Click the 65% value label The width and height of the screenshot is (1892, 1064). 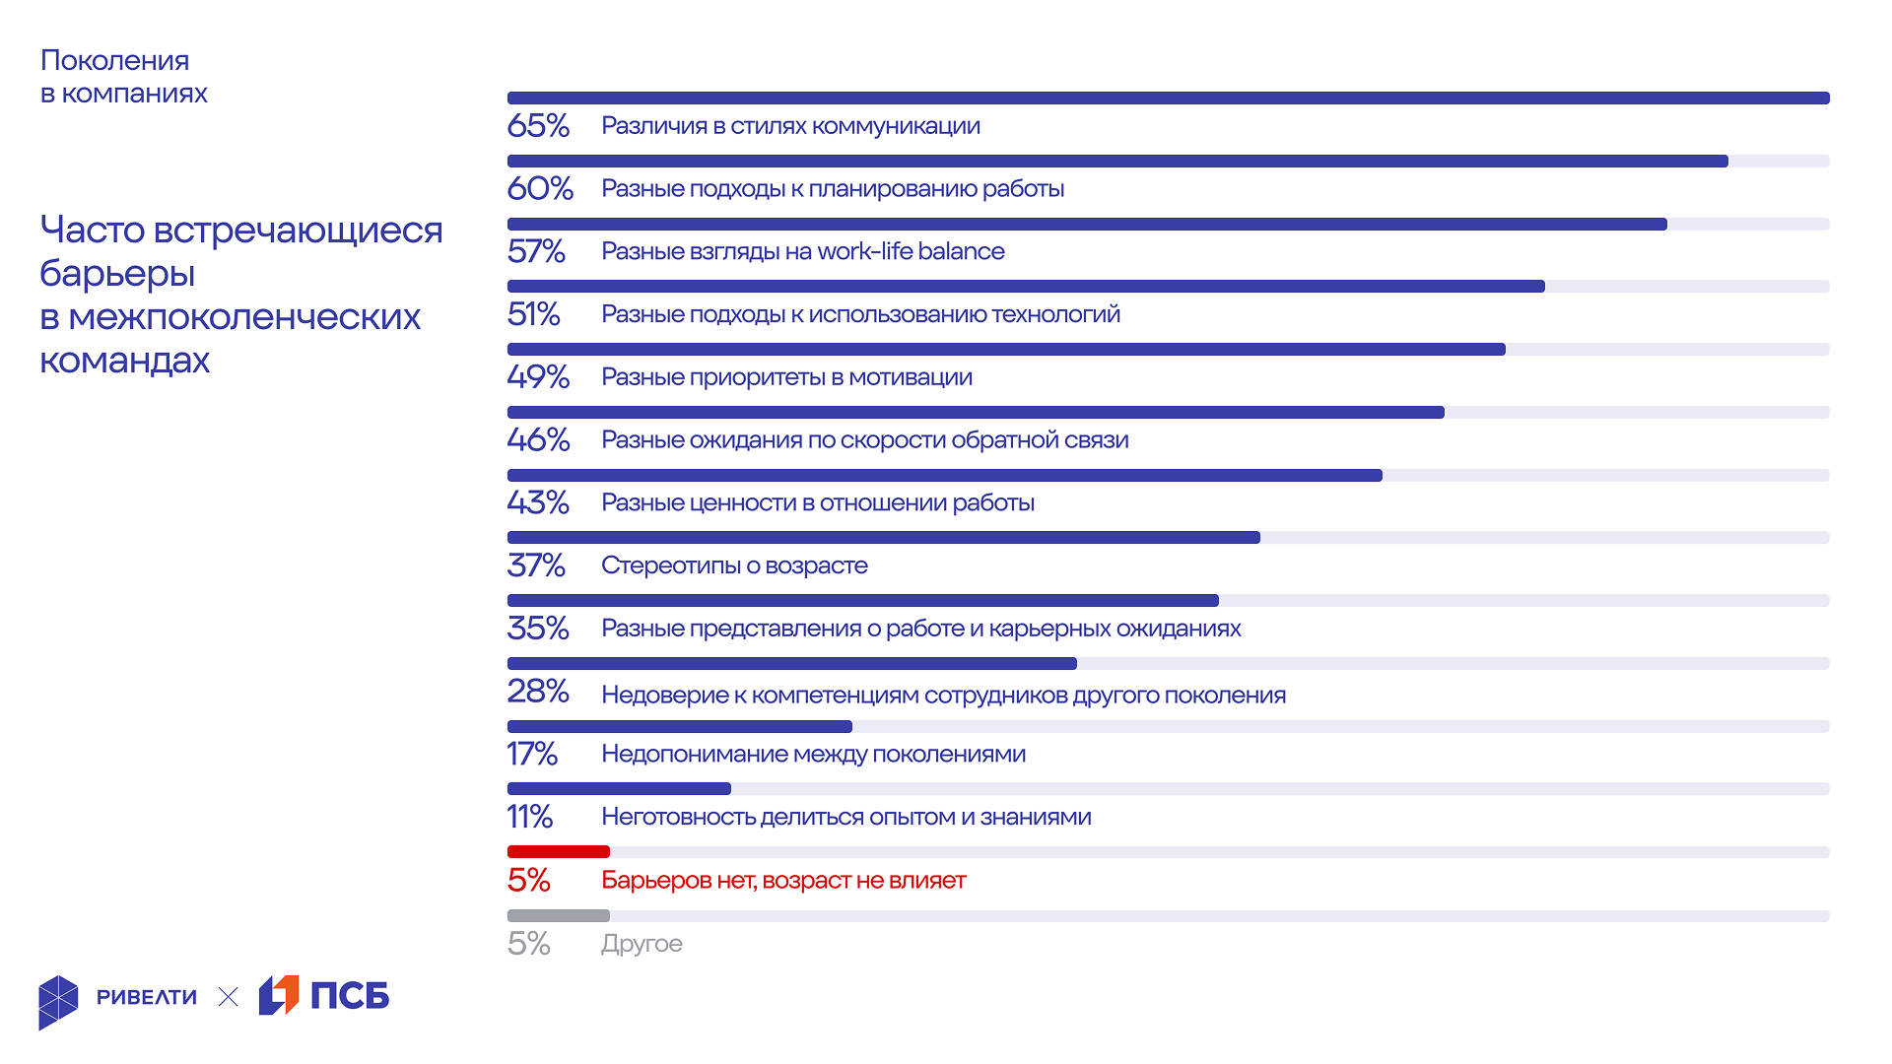[538, 126]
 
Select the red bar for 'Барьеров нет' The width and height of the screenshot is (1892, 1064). [558, 851]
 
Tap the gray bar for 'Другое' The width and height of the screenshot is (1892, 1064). [558, 915]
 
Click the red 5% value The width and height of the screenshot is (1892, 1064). [529, 880]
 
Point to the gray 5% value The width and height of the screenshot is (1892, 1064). [529, 944]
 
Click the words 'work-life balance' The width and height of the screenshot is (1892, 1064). [911, 251]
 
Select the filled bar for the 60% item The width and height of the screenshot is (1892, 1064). [1116, 161]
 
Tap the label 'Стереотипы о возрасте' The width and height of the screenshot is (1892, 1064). [734, 565]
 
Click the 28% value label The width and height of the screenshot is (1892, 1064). [538, 692]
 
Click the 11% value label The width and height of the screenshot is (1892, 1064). [530, 817]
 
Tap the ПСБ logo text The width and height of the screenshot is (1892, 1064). [350, 996]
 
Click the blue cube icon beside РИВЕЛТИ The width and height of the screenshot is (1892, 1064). [58, 1002]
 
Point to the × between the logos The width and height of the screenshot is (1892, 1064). [228, 997]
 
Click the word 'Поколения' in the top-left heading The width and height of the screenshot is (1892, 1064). [114, 61]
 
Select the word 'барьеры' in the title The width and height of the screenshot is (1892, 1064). [117, 274]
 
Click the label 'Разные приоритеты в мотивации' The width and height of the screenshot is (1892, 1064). [786, 377]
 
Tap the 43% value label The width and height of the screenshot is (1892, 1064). [538, 502]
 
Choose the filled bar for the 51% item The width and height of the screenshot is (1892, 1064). [1025, 287]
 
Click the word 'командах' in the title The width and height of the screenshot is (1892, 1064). [124, 361]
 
